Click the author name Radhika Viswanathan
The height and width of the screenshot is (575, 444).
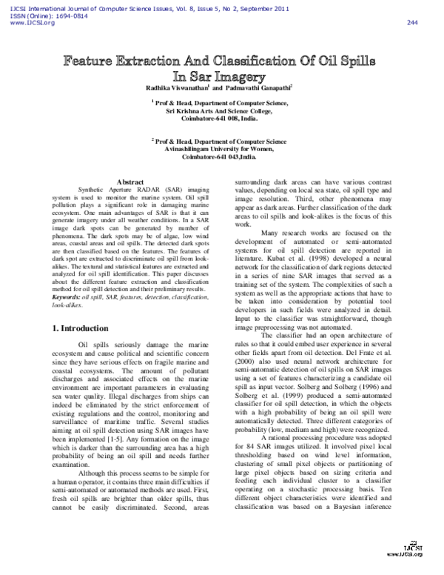(200, 87)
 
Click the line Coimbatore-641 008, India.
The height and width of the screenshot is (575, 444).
(222, 118)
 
